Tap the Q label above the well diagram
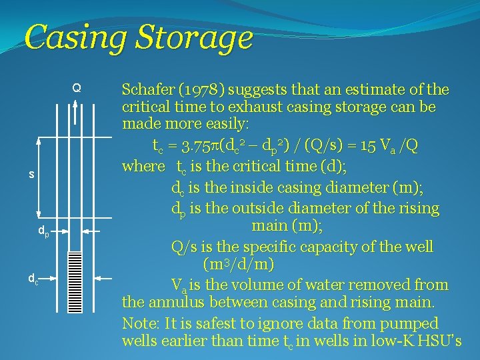click(77, 88)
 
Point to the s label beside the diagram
click(31, 175)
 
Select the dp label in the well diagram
click(42, 233)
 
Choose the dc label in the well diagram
click(32, 278)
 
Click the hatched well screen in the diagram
click(75, 281)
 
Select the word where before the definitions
click(143, 165)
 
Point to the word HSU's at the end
click(437, 342)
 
